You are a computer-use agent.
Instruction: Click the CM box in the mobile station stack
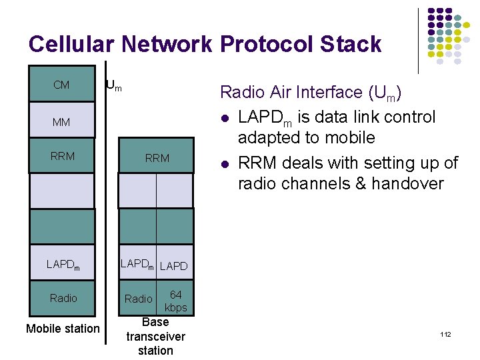tap(62, 85)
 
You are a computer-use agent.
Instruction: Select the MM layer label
tap(62, 122)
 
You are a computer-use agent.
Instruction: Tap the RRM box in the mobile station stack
tap(62, 157)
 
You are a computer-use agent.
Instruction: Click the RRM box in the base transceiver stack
tap(157, 158)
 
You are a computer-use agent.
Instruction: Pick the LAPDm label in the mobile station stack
tap(63, 265)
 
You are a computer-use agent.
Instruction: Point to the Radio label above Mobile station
tap(63, 298)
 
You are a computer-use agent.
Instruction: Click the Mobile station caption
tap(63, 328)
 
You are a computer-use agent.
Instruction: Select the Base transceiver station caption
tap(155, 336)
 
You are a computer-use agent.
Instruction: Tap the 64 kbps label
tap(176, 301)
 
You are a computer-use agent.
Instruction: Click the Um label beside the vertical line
tap(114, 85)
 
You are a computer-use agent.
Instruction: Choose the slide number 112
tap(445, 333)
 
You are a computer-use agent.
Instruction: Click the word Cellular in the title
tap(73, 45)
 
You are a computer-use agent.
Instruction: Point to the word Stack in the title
tap(350, 45)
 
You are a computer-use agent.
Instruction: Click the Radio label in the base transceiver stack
tap(139, 299)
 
